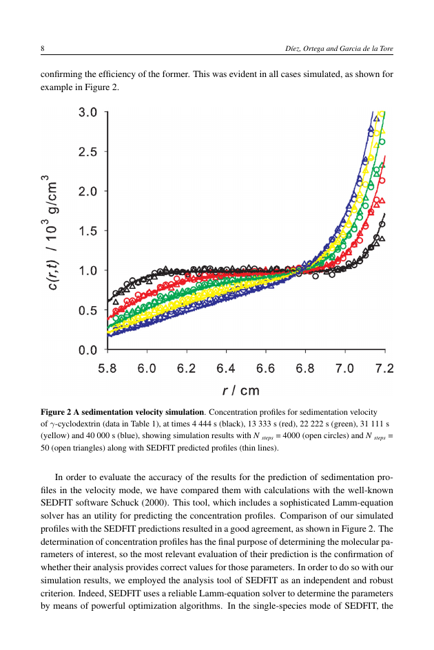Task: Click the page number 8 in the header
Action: [x=42, y=49]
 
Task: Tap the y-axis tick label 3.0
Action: [x=87, y=112]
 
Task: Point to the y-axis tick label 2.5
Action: [x=87, y=152]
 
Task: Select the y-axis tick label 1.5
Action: [x=87, y=231]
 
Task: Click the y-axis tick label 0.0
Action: [x=87, y=350]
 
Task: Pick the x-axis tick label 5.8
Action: [x=107, y=368]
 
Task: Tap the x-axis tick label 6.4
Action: [x=226, y=368]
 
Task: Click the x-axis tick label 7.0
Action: [x=344, y=368]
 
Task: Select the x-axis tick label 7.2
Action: [x=384, y=368]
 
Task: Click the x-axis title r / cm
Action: [x=241, y=391]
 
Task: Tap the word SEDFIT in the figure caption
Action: [x=159, y=448]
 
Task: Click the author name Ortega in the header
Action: [x=313, y=49]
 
